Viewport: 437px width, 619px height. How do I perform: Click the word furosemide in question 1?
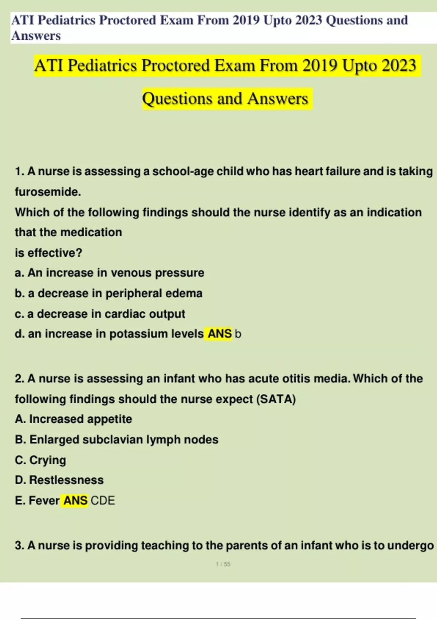pos(48,192)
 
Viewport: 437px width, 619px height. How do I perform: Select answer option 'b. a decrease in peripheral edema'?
pos(109,293)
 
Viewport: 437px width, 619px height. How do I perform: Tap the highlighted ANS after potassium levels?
pos(219,334)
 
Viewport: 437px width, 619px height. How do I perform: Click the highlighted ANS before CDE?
pos(75,501)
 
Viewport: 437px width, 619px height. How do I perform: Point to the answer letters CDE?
pos(103,501)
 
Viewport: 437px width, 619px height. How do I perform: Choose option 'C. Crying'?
pos(40,460)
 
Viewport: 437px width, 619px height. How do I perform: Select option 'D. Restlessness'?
pos(59,480)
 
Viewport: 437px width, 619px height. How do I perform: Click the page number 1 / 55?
pos(223,564)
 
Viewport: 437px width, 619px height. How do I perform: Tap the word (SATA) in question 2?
pos(276,399)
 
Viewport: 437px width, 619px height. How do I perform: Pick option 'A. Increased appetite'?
pos(74,419)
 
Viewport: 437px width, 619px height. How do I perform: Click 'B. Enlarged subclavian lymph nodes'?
pos(117,440)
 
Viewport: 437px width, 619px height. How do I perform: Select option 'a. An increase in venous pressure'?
pos(110,273)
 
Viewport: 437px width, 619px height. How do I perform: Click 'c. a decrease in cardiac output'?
pos(100,314)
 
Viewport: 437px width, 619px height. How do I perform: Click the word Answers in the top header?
pos(36,36)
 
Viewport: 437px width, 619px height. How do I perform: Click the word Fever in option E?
pos(44,501)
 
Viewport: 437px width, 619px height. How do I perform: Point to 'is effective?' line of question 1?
pos(48,253)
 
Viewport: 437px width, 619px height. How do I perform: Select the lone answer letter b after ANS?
pos(238,334)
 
